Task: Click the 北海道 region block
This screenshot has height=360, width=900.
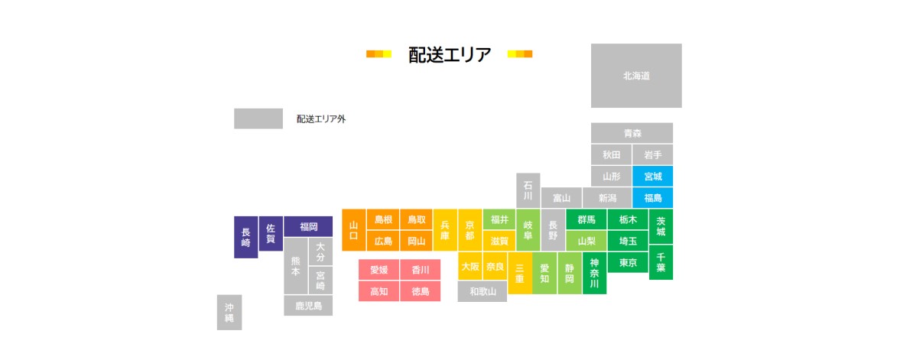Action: coord(636,76)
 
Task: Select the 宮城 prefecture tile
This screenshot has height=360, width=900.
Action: coord(653,176)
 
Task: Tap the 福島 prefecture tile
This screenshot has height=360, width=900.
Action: coord(653,198)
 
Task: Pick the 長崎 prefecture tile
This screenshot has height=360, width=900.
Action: coord(245,237)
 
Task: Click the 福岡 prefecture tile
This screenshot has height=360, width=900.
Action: coord(308,226)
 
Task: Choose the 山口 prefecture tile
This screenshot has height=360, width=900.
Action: coord(353,230)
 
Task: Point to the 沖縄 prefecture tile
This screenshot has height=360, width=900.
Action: coord(229,312)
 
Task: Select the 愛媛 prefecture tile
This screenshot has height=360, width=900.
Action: coord(379,270)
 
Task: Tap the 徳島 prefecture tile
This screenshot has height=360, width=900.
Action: coord(420,291)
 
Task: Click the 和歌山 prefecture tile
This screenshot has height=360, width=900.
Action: coord(482,291)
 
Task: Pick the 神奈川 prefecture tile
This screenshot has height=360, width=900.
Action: coord(594,273)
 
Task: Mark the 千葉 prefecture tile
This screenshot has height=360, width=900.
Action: coord(661,261)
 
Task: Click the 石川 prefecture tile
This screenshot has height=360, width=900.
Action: coord(528,190)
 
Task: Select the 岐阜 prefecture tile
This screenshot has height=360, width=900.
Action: coord(528,230)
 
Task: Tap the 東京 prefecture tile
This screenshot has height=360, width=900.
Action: coord(628,262)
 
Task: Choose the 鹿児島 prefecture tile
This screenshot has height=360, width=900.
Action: coord(308,306)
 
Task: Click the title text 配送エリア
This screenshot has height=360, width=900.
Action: coord(450,54)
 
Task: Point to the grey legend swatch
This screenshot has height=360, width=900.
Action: coord(258,118)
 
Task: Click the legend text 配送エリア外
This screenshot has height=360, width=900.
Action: coord(321,119)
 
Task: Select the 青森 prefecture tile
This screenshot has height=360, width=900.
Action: coord(632,133)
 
